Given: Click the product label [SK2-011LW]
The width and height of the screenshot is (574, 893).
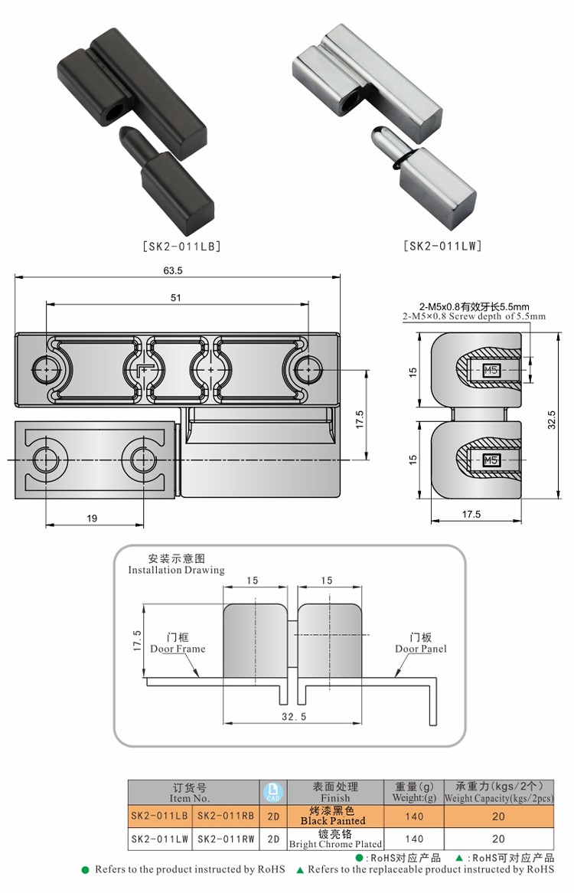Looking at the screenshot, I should [442, 247].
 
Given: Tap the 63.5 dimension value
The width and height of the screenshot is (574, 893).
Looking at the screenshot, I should [172, 270].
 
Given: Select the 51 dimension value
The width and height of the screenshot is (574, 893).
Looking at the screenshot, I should [176, 298].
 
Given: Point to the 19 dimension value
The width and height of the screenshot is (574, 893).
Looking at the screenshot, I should [92, 518].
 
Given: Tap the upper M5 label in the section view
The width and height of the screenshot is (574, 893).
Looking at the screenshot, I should [491, 372].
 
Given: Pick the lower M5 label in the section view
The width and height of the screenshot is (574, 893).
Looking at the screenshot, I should [491, 460].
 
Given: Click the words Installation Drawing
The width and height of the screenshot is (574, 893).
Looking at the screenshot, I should [176, 570].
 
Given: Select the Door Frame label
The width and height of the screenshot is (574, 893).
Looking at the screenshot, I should [178, 649].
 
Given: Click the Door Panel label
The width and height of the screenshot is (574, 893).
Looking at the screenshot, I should [420, 649].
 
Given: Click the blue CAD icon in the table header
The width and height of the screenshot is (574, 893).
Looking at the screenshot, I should [272, 792].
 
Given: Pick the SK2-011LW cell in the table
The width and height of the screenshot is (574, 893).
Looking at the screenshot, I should [159, 839].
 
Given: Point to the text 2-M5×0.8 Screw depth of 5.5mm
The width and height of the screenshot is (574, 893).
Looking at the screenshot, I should [474, 316].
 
